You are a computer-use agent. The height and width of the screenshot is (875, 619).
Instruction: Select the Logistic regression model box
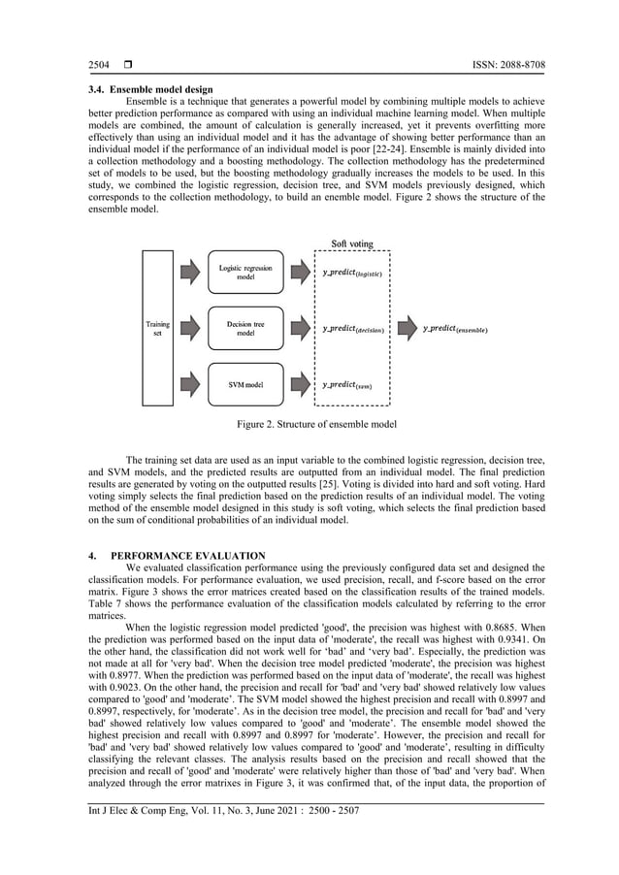click(x=245, y=273)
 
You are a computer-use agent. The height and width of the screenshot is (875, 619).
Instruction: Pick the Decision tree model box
click(x=245, y=329)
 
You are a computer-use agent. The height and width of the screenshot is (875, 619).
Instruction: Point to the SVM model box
click(x=245, y=385)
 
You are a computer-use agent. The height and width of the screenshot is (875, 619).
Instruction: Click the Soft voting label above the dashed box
click(x=352, y=243)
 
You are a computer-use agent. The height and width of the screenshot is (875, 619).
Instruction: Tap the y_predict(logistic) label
click(x=352, y=274)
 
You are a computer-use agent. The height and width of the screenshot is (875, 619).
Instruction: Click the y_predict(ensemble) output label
click(x=455, y=330)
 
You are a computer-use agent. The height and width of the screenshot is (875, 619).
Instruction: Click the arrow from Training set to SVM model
click(x=189, y=385)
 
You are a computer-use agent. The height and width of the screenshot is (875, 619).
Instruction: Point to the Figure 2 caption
click(x=309, y=425)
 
